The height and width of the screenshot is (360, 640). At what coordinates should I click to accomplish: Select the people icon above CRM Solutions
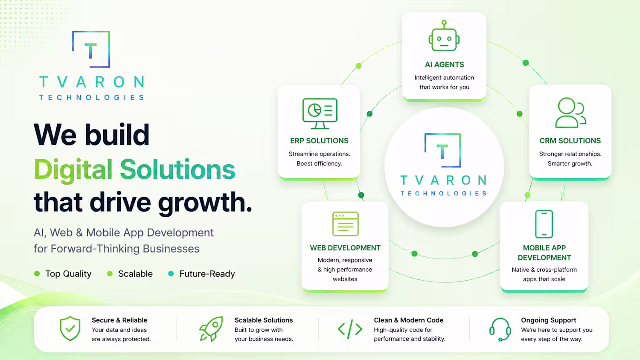(x=570, y=113)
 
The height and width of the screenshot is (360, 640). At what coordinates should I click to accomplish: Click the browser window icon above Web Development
(x=346, y=224)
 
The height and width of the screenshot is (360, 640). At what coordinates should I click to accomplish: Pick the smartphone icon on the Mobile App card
(x=544, y=224)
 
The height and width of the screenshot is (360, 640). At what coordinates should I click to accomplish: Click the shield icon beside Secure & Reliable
(x=70, y=328)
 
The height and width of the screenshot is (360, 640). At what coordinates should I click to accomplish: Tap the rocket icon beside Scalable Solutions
(x=211, y=328)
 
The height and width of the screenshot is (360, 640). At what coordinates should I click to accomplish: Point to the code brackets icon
(x=350, y=329)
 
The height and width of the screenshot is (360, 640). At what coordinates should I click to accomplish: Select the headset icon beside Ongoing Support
(x=500, y=329)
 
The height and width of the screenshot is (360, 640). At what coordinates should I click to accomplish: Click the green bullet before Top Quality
(x=37, y=274)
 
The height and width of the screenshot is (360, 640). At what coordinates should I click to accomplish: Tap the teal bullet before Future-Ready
(x=171, y=274)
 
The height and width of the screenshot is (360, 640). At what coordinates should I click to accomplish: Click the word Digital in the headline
(x=73, y=169)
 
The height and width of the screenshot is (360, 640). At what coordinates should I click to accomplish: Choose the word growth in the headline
(x=205, y=202)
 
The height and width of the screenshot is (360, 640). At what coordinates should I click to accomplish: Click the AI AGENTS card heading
(x=444, y=64)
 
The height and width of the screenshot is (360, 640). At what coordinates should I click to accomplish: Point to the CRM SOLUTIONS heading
(x=570, y=141)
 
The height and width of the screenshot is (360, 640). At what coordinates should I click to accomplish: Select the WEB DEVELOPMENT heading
(x=345, y=248)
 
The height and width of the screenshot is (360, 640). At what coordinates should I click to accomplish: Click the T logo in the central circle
(x=442, y=150)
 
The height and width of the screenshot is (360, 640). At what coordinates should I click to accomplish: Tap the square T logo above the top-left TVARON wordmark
(x=91, y=49)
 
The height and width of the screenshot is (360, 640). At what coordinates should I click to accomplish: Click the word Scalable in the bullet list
(x=135, y=274)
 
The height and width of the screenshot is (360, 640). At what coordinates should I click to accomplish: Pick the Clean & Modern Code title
(x=409, y=320)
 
